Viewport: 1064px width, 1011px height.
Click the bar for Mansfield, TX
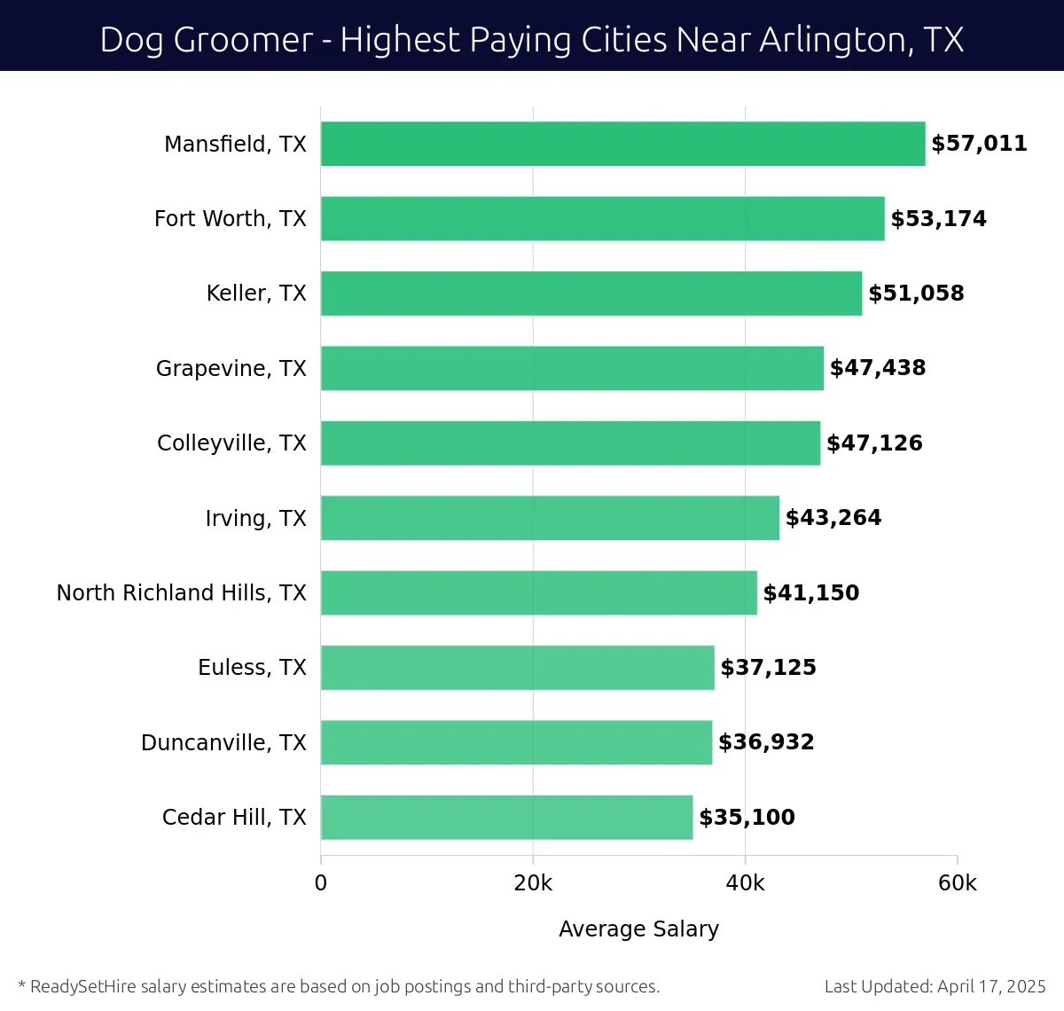point(622,144)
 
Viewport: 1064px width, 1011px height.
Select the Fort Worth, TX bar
point(603,218)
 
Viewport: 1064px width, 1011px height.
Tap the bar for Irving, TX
point(550,518)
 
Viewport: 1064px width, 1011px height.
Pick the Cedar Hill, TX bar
point(506,817)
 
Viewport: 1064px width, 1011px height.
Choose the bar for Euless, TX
point(517,667)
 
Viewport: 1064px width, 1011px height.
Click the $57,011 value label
point(979,144)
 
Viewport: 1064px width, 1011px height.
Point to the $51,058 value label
point(916,294)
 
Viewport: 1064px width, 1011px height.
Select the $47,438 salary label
point(878,368)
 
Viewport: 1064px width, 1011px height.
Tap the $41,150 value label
point(811,592)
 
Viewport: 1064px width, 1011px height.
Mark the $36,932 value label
point(766,742)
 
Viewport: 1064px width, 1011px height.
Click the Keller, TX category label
point(256,294)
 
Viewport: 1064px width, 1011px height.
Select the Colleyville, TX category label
point(231,443)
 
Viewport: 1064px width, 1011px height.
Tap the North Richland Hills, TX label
point(182,592)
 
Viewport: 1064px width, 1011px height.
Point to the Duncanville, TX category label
point(223,742)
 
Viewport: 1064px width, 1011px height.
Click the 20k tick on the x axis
point(533,883)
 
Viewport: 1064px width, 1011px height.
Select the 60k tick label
point(958,883)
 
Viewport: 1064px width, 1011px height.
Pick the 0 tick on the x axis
point(321,883)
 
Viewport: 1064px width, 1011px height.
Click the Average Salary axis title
point(638,929)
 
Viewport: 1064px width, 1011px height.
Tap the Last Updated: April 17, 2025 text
point(935,986)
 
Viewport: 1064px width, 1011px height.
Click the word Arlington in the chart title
point(823,40)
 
